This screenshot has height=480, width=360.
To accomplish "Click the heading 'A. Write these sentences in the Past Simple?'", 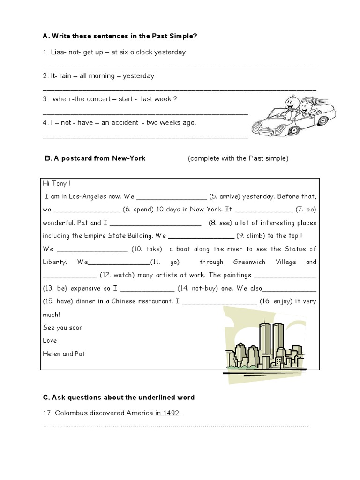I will pos(116,36).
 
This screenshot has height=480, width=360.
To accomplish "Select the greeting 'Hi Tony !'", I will pos(57,184).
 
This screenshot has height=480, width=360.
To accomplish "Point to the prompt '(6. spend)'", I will pos(137,210).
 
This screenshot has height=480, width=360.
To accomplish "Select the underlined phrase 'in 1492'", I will pos(167,413).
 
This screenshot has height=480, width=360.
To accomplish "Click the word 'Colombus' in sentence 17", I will pos(70,413).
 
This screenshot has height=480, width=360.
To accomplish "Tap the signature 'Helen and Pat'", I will pos(64,354).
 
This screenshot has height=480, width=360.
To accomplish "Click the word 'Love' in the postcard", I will pos(50,341).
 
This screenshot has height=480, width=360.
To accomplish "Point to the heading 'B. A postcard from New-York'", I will pos(95,158).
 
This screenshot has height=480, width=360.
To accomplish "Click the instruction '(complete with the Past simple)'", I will pos(238,158).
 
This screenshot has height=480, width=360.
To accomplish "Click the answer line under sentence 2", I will pos(179,89).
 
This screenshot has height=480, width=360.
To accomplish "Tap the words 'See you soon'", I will pos(62,328).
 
